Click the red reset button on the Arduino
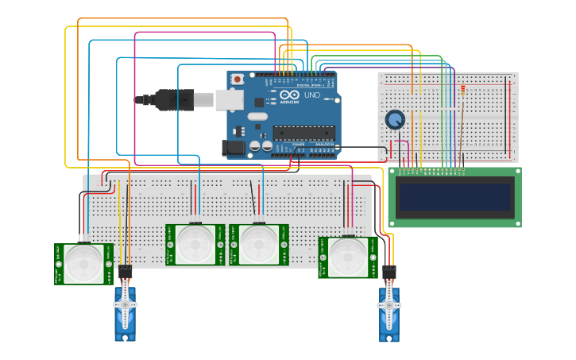[237, 79]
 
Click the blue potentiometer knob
[395, 120]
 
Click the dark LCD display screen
[454, 197]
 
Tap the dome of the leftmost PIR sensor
[83, 262]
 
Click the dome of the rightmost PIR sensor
[347, 257]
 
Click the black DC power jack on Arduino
[233, 147]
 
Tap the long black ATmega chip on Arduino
[303, 133]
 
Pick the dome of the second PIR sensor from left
[195, 244]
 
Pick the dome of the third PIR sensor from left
[258, 244]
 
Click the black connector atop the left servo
[125, 273]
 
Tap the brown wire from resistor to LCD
[460, 131]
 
